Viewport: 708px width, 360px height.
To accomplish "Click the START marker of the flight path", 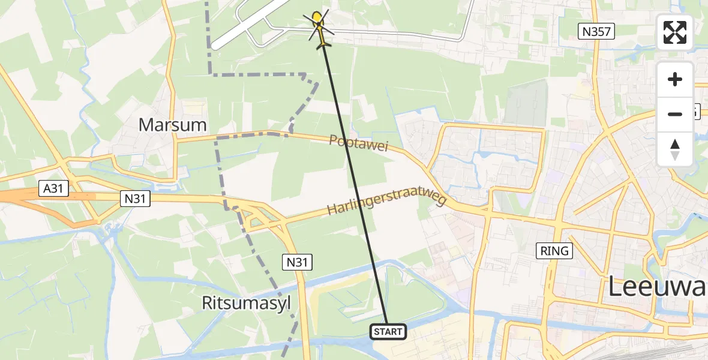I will [x=389, y=331].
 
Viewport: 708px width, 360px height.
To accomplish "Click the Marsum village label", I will [x=172, y=125].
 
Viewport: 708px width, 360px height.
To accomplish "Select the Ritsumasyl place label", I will [x=246, y=303].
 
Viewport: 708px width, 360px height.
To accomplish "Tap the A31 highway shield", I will [x=53, y=189].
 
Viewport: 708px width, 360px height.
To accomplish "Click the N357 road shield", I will [x=596, y=31].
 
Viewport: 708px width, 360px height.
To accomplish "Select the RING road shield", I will [x=554, y=251].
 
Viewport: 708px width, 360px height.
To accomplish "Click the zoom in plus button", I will [x=675, y=79].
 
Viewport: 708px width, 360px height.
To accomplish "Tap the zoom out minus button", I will [x=675, y=114].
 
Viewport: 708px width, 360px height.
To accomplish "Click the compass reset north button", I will [x=675, y=149].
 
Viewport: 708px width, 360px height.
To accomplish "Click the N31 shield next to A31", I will [x=134, y=199].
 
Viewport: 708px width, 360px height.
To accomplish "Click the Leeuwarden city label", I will [x=657, y=287].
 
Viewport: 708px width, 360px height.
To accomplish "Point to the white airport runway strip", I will [x=246, y=23].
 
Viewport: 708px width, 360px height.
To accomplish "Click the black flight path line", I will [x=354, y=180].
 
